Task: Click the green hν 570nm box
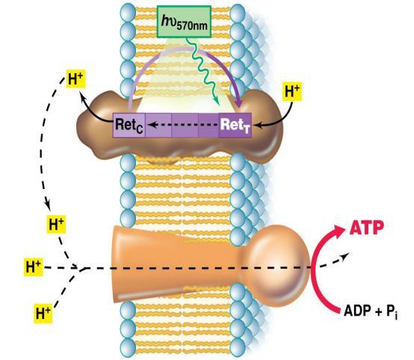point(184,22)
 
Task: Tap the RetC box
point(129,125)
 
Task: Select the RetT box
point(235,125)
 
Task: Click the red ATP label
point(367,228)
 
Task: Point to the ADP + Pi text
point(371,311)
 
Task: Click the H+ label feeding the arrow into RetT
point(292,92)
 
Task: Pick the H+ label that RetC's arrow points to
point(75,78)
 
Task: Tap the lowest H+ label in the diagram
point(43,313)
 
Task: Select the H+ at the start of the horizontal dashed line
point(34,267)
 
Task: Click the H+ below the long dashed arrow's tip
point(56,224)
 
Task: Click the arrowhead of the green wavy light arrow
point(217,102)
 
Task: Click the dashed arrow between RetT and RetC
point(183,125)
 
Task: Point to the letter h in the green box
point(165,20)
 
